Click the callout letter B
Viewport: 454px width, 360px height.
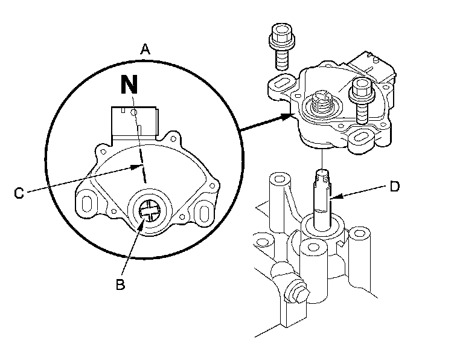click(x=120, y=284)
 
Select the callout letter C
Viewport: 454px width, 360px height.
click(x=20, y=193)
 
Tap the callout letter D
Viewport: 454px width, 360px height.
click(x=394, y=186)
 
